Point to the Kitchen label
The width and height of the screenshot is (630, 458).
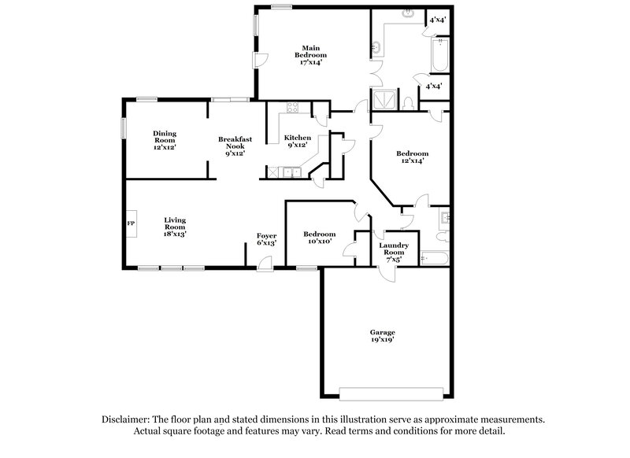point(298,138)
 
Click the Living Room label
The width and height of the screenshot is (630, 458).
point(175,223)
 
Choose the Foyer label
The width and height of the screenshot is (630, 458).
point(266,235)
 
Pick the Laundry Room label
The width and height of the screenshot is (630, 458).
point(393,249)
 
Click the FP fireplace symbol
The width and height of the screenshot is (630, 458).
point(131,224)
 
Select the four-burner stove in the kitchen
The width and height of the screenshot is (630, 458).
point(292,109)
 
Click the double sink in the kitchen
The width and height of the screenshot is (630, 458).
point(290,171)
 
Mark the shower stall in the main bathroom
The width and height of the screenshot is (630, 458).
point(385,100)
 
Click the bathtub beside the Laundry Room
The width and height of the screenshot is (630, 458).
point(432,257)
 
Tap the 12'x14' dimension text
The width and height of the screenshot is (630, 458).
point(412,161)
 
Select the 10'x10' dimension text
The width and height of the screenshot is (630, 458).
point(320,242)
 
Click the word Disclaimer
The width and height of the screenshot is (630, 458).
point(130,419)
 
